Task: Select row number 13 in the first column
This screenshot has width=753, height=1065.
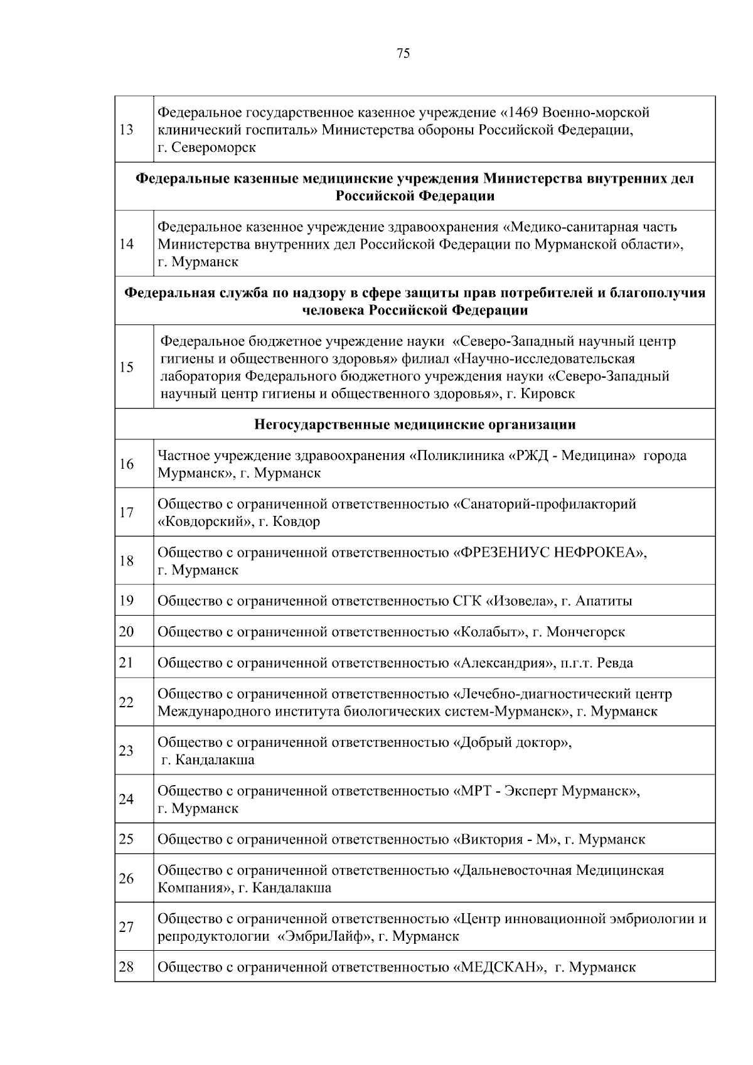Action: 126,130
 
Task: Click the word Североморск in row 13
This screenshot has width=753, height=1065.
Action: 214,147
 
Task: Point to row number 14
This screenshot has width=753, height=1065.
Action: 126,244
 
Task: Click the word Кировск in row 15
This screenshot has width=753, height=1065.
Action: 548,393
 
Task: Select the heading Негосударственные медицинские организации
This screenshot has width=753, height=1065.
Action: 415,425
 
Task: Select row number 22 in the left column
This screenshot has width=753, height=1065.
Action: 126,702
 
